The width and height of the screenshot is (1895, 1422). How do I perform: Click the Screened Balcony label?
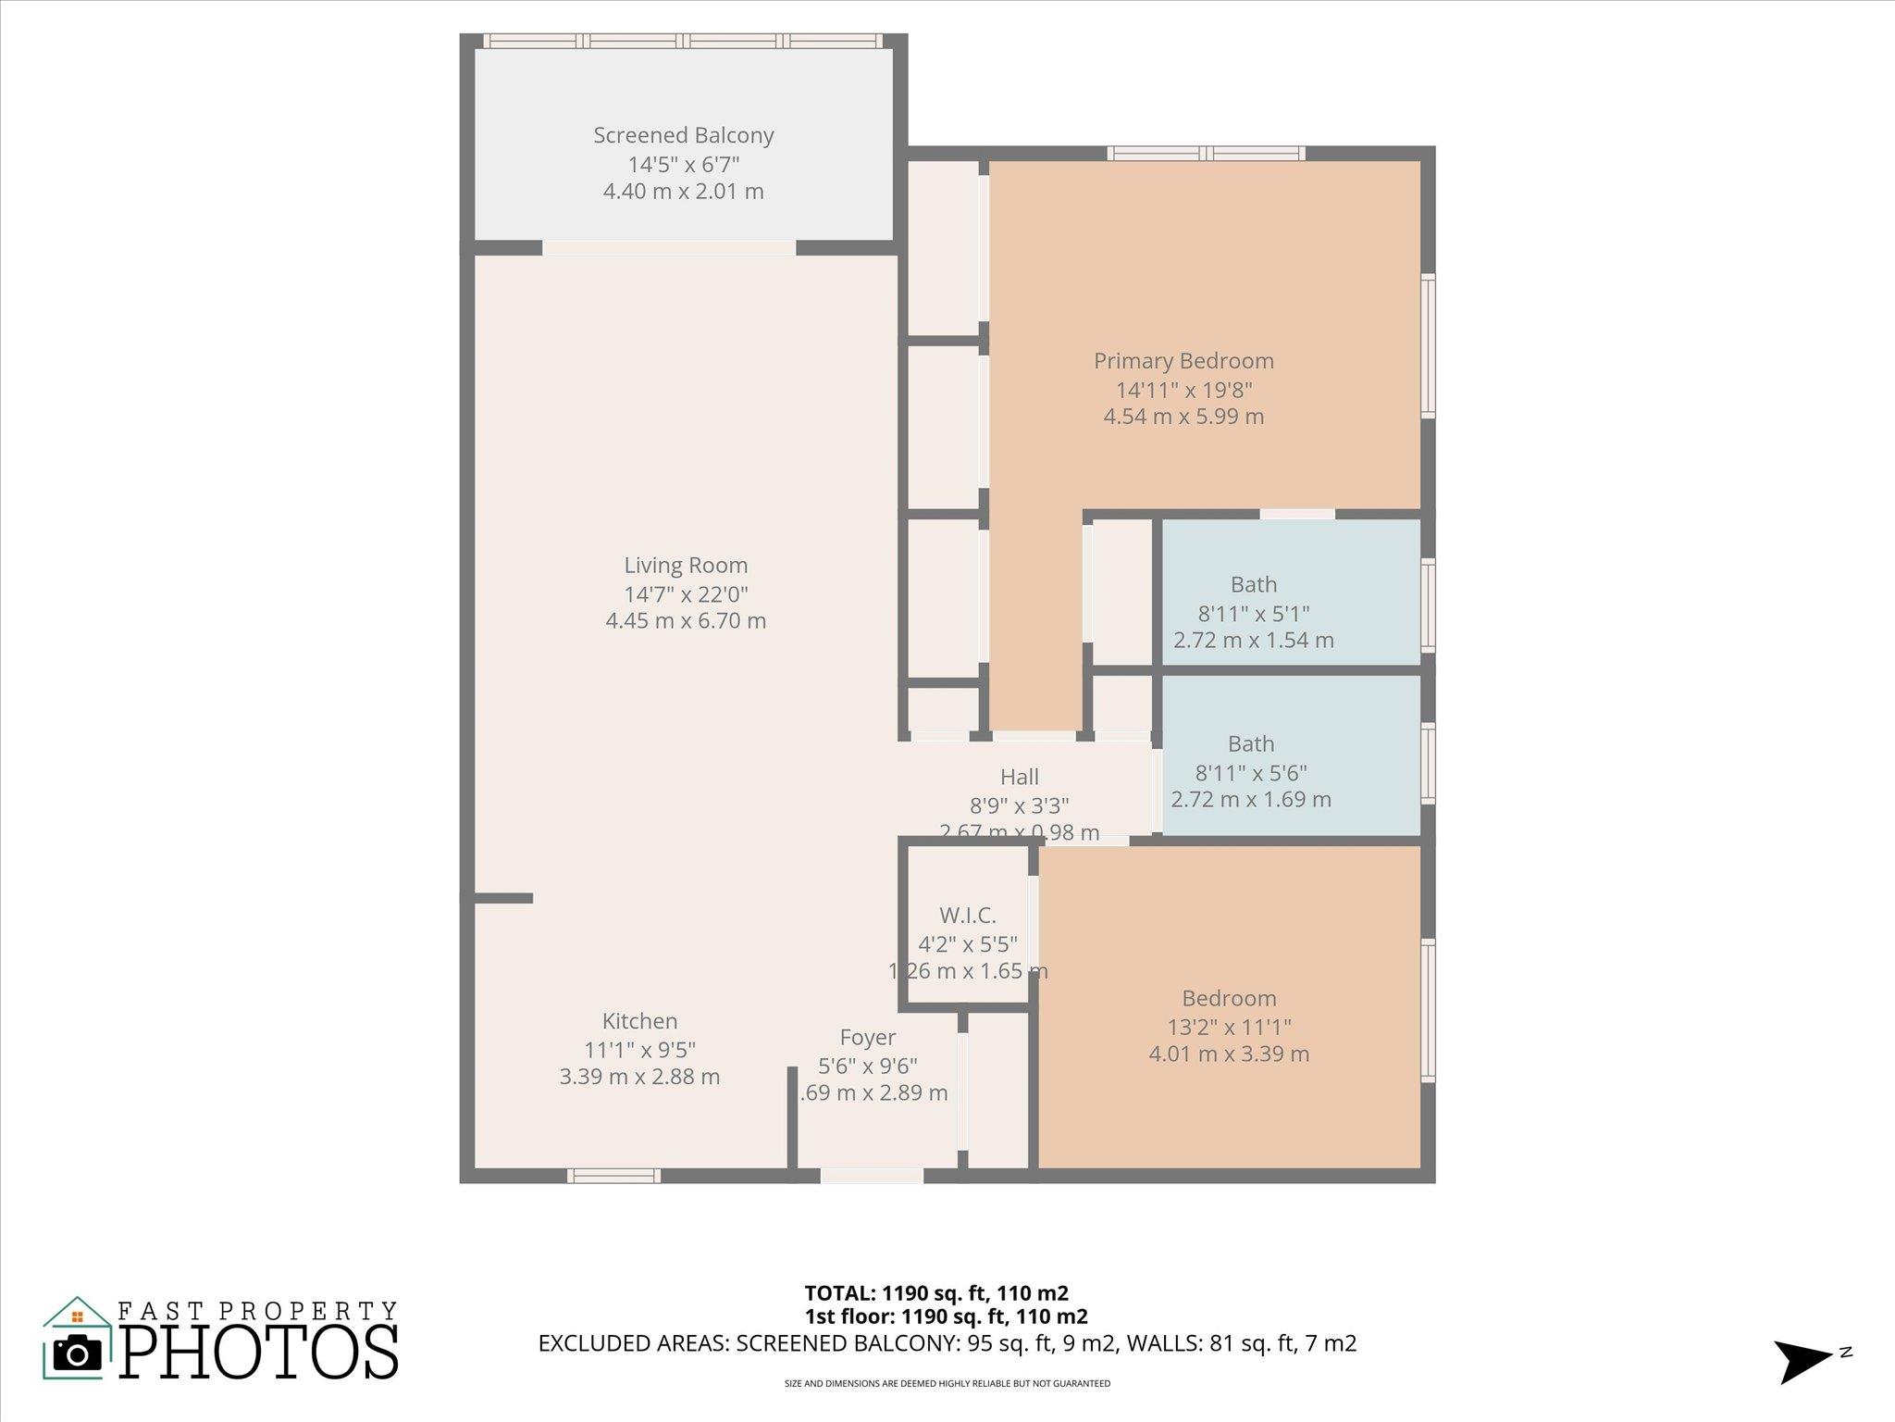(x=683, y=135)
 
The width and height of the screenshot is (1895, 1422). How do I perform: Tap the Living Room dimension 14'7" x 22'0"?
(x=686, y=593)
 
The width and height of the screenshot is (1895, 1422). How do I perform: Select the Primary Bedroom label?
(x=1183, y=361)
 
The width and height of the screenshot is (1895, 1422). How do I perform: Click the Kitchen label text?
(x=639, y=1021)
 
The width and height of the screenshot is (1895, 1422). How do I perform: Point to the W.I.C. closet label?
(x=968, y=916)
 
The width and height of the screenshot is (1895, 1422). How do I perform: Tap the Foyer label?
(x=867, y=1038)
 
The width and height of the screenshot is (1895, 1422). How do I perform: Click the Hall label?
(x=1019, y=777)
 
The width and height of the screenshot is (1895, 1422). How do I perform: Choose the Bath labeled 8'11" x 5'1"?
(x=1253, y=585)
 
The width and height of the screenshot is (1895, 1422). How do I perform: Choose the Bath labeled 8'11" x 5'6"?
(x=1251, y=744)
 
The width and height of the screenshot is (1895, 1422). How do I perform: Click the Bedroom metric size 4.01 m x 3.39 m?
(x=1229, y=1054)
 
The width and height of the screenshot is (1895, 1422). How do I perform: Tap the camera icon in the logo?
(x=78, y=1354)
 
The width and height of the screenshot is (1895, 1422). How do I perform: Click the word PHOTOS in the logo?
(x=259, y=1353)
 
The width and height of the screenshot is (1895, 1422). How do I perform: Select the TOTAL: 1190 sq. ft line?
(x=936, y=1292)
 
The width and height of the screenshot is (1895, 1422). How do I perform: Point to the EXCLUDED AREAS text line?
(x=947, y=1343)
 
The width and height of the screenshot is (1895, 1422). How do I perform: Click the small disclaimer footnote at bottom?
(x=947, y=1384)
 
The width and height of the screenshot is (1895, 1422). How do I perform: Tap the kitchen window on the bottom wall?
(x=613, y=1176)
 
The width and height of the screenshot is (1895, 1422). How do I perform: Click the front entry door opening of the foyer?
(x=872, y=1176)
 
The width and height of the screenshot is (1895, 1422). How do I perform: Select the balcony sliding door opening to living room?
(x=668, y=247)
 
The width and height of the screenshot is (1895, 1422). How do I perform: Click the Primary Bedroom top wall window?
(x=1207, y=154)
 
